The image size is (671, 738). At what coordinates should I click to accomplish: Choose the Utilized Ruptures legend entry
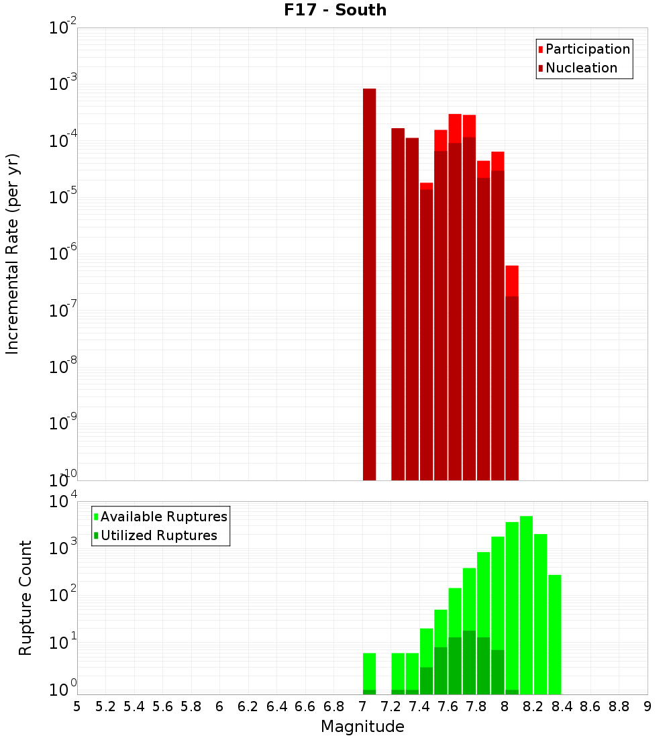[x=158, y=535]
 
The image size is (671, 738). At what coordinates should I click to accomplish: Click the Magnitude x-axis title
[x=362, y=727]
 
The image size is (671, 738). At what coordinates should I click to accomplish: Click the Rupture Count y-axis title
[x=25, y=597]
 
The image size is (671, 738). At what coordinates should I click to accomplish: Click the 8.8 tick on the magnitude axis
[x=619, y=706]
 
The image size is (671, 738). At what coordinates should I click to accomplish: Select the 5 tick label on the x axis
[x=77, y=706]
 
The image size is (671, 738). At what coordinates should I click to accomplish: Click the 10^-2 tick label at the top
[x=62, y=28]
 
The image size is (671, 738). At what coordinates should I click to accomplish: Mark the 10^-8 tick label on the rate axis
[x=62, y=366]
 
